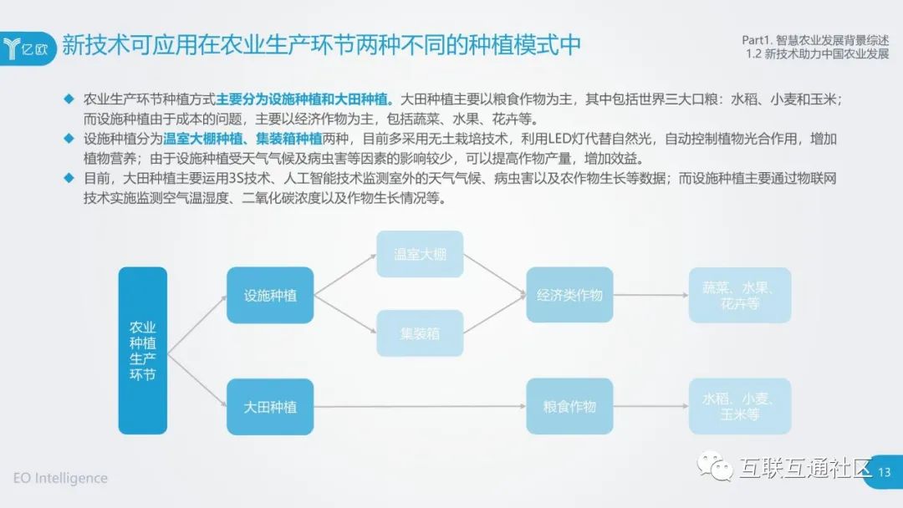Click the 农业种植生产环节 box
click(142, 350)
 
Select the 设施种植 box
click(270, 295)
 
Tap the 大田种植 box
click(270, 407)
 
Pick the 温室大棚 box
click(420, 254)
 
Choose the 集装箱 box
click(420, 333)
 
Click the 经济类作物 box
click(569, 295)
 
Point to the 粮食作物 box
click(569, 407)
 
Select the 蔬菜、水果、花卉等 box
click(740, 295)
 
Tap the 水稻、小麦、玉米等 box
click(740, 407)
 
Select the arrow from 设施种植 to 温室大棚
click(344, 274)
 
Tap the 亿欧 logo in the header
click(30, 48)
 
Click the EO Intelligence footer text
click(60, 478)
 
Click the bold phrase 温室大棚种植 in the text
click(202, 139)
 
